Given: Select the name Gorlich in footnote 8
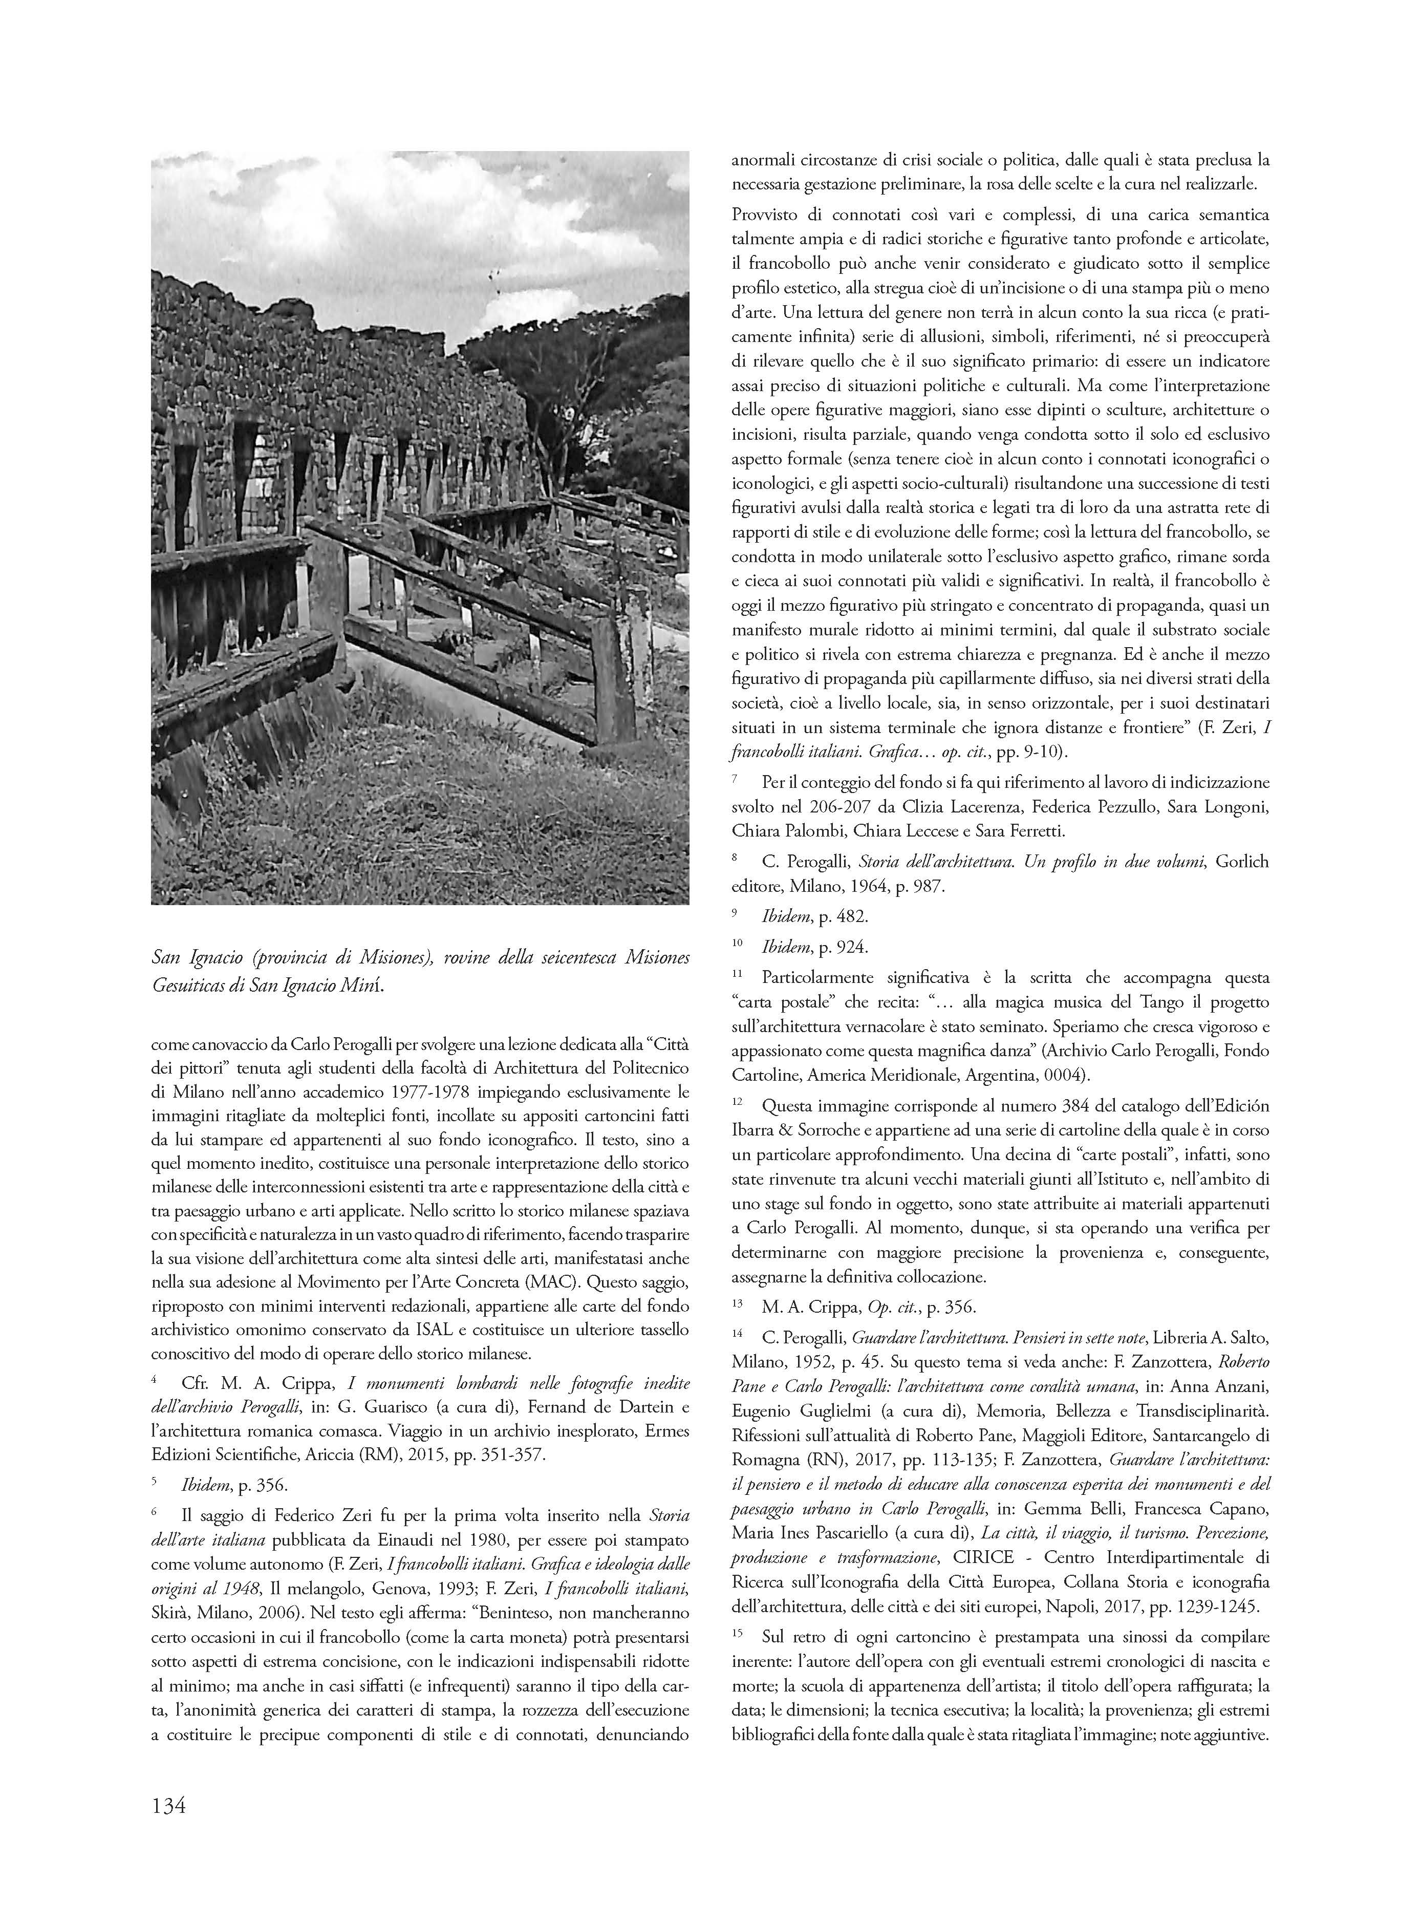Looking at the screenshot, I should pos(1242,861).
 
